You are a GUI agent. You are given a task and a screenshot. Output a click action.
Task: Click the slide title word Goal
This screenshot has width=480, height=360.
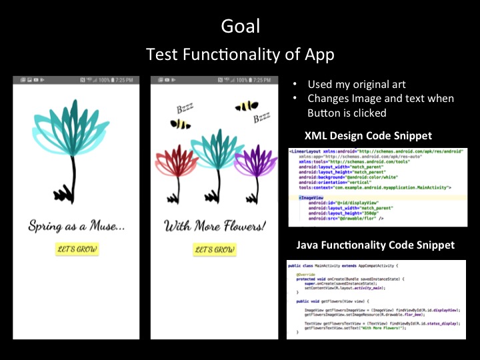240,27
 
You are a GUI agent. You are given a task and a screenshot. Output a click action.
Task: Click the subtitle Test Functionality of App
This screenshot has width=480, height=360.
240,55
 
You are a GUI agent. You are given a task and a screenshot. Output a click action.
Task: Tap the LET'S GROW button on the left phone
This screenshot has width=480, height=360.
77,250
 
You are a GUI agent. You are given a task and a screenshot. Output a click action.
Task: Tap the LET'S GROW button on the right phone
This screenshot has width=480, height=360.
214,250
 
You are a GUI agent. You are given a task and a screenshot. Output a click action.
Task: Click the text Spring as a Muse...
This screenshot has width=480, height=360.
77,227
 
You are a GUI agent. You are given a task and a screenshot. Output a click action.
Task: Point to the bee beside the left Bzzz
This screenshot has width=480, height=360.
180,124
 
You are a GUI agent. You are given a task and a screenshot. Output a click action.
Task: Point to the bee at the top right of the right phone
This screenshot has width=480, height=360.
246,105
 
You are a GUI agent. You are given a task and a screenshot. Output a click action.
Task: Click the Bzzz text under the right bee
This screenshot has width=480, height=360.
261,119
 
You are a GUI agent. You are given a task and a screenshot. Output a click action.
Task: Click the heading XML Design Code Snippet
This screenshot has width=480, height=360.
367,136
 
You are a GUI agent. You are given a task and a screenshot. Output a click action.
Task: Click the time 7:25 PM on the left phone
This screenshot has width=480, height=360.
125,80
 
